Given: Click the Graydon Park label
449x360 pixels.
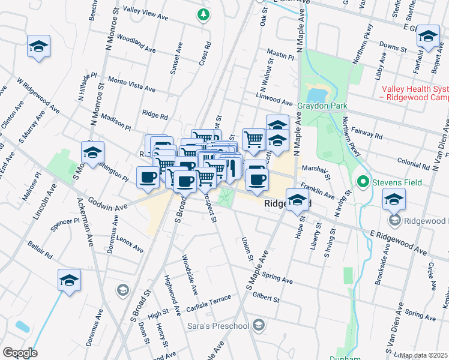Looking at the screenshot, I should [x=322, y=106].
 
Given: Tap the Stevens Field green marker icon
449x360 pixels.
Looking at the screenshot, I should [x=363, y=181].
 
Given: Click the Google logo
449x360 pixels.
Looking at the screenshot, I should [x=19, y=353].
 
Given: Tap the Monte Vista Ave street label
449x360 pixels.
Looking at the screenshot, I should [x=131, y=84].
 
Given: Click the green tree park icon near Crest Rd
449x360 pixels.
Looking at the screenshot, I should [x=205, y=14].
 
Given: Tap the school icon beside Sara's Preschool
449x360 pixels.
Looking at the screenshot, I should [x=258, y=326].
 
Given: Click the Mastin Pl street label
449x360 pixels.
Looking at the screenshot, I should [x=281, y=55].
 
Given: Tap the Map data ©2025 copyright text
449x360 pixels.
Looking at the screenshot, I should [x=423, y=355].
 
